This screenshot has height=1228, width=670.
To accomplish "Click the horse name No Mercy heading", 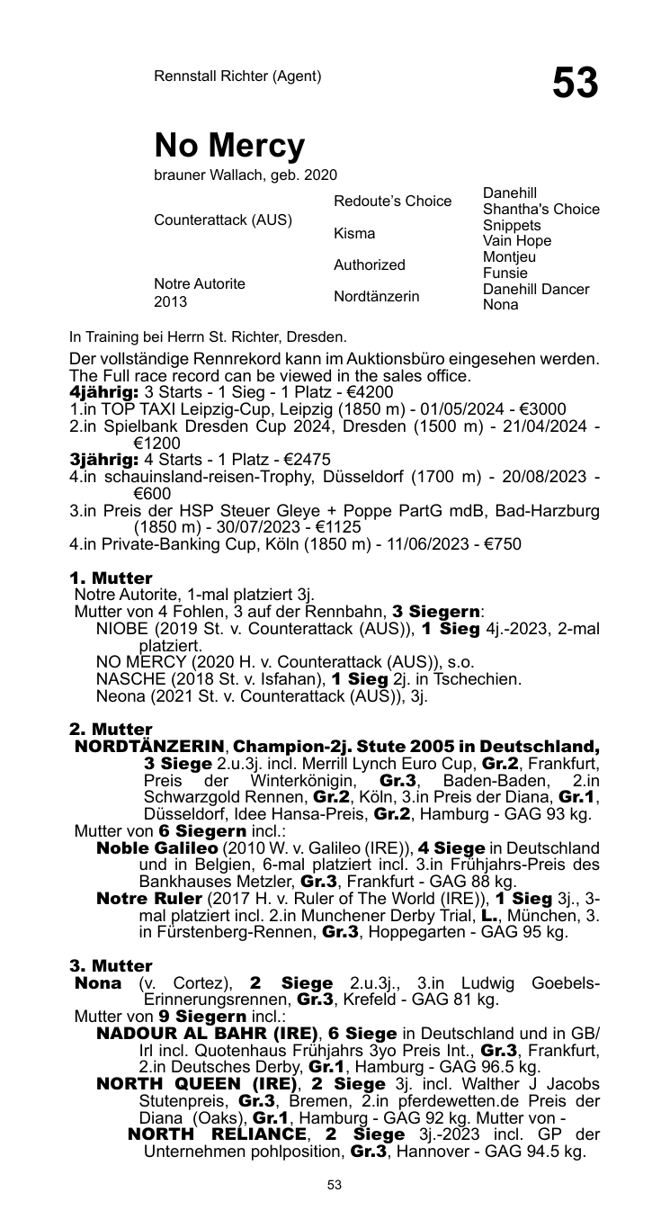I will [229, 145].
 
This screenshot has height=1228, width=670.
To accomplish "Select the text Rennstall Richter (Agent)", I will [237, 76].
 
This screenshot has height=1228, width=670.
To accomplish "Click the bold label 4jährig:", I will [103, 393].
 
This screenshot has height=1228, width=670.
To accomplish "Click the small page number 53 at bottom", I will [335, 1186].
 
